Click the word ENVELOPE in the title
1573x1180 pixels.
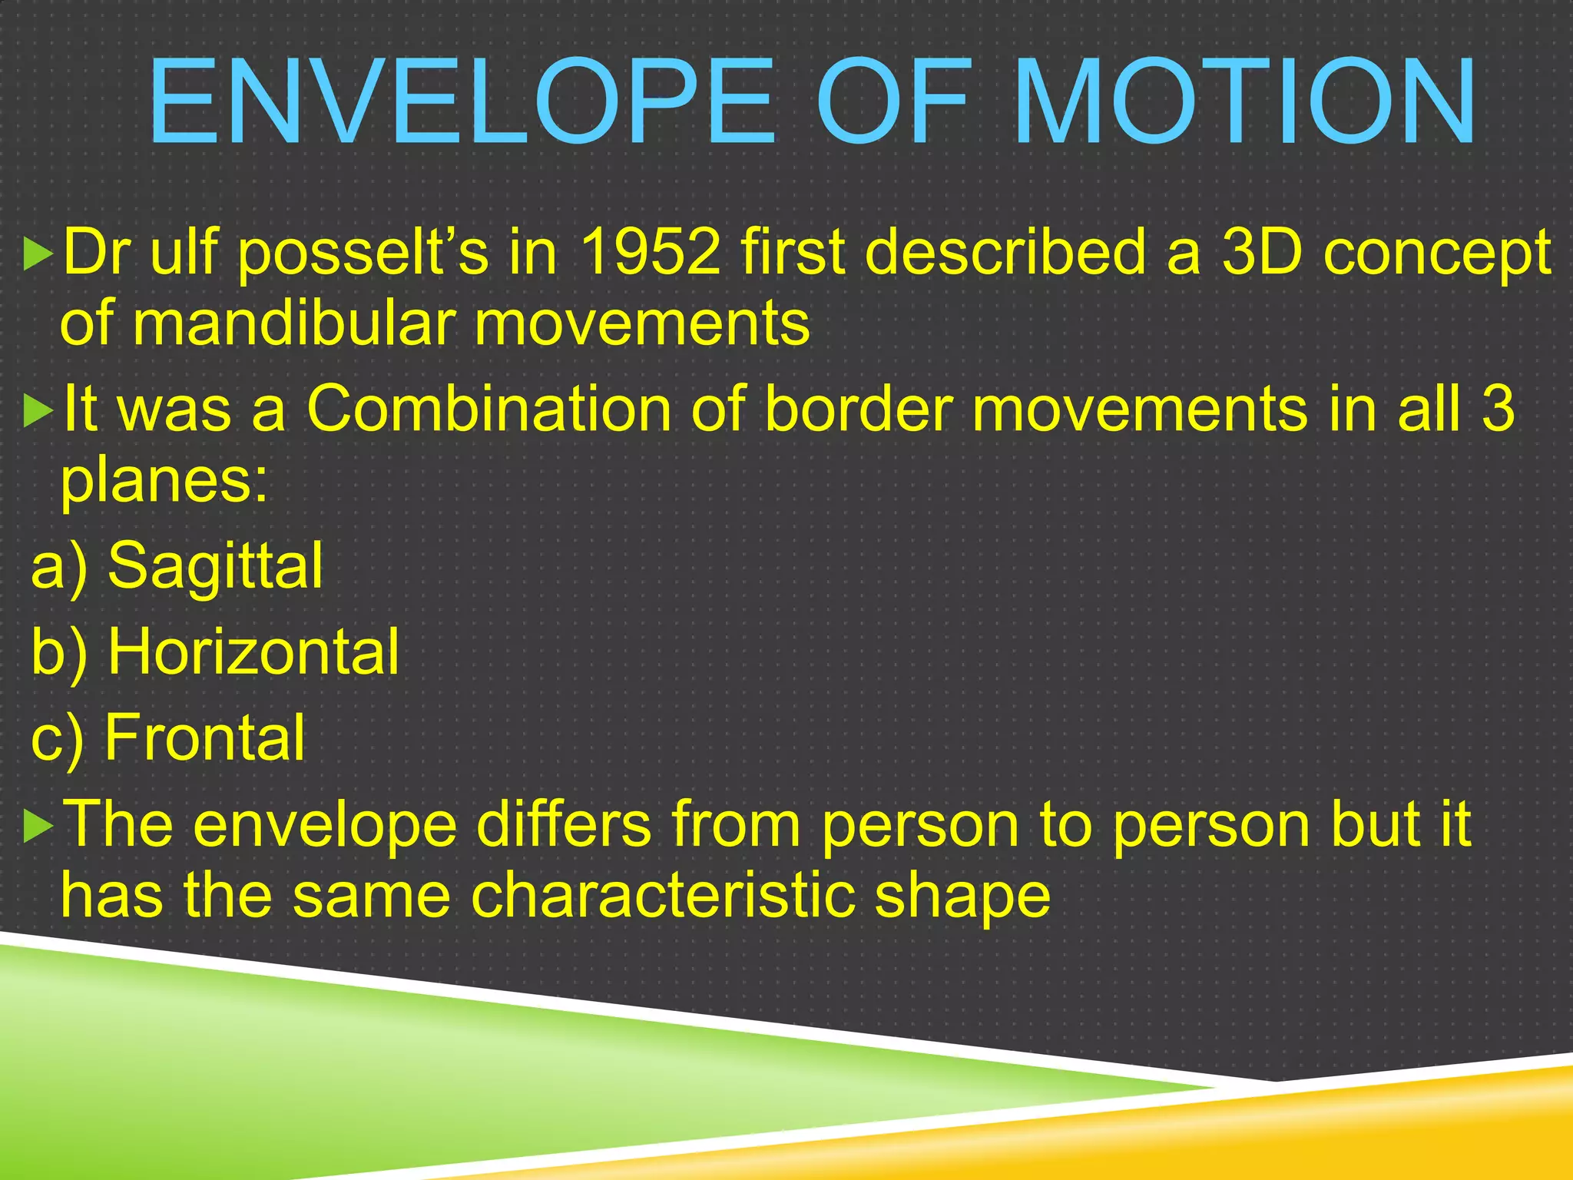(461, 101)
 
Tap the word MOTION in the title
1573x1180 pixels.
(1244, 101)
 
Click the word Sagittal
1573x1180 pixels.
(215, 567)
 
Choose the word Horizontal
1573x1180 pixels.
(253, 651)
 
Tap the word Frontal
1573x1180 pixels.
(204, 737)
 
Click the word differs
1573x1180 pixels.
(564, 824)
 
